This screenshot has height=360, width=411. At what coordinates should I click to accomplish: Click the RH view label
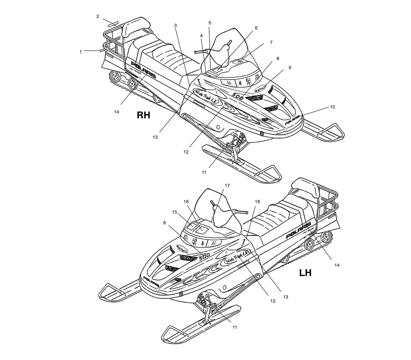[143, 115]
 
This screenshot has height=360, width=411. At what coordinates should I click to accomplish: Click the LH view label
[305, 273]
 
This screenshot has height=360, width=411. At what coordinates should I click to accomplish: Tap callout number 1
[81, 52]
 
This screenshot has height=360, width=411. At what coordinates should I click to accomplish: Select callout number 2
[98, 16]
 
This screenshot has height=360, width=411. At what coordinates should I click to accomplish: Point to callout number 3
[175, 25]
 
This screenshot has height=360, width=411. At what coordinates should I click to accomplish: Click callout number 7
[271, 42]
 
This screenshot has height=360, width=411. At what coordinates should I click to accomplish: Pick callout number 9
[290, 67]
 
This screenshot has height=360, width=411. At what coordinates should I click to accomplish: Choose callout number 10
[332, 107]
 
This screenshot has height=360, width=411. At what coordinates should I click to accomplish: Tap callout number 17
[226, 186]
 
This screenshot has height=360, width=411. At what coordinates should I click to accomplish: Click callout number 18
[257, 202]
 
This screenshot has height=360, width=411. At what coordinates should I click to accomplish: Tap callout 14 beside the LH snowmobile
[337, 265]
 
